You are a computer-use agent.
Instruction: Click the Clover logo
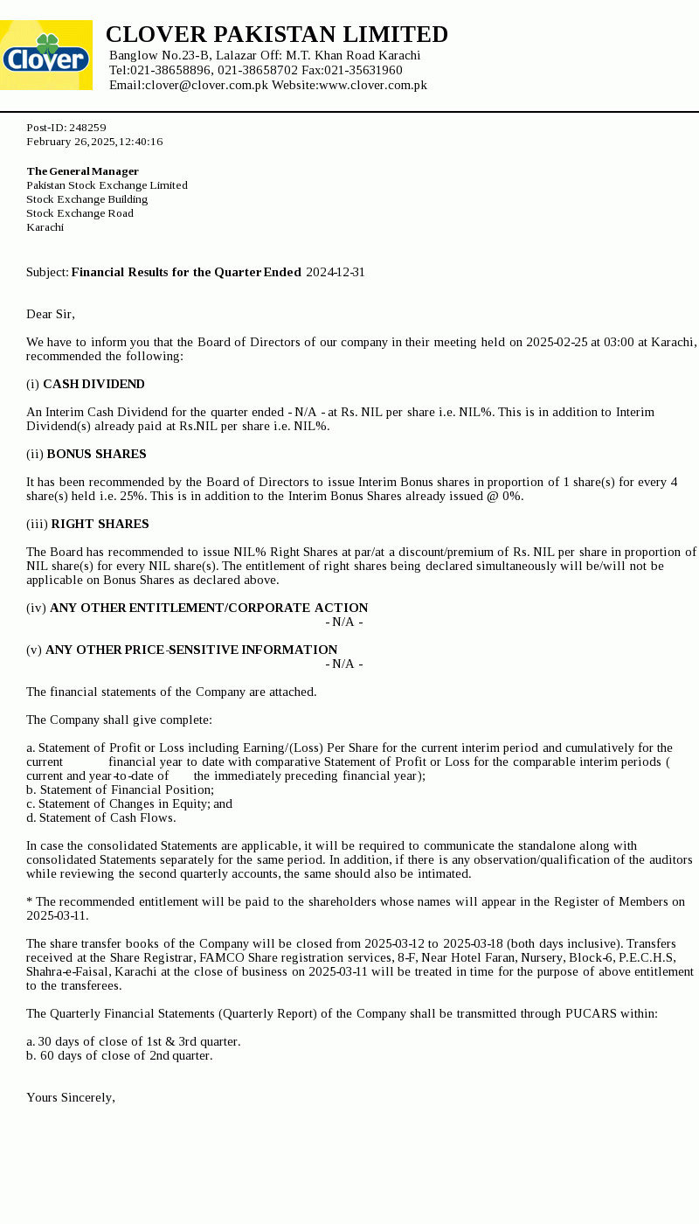tap(46, 55)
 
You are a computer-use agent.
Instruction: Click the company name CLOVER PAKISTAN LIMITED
tap(276, 35)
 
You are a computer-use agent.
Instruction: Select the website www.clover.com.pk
tap(372, 85)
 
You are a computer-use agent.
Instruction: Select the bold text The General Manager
tap(82, 171)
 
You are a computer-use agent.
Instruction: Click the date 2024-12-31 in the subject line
tap(336, 272)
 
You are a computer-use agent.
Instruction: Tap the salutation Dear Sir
tap(51, 314)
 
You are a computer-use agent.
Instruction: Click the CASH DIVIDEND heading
tap(93, 384)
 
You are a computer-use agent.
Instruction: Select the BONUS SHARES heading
tap(96, 454)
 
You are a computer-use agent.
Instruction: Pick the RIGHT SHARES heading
tap(100, 524)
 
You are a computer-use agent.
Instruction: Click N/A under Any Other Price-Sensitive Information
tap(344, 664)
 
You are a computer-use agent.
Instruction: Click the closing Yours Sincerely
tap(71, 1097)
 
